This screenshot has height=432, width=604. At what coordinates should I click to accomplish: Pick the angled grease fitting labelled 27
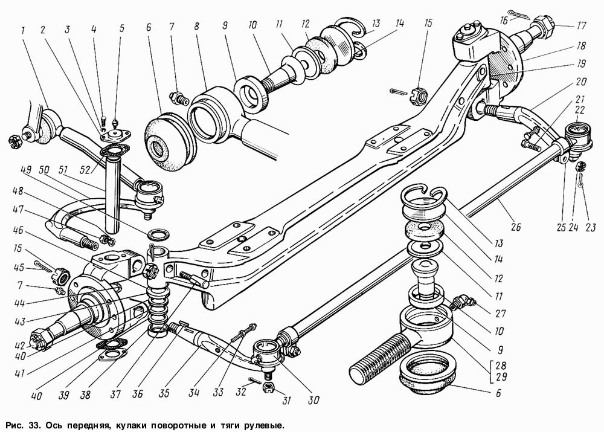pos(462,300)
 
